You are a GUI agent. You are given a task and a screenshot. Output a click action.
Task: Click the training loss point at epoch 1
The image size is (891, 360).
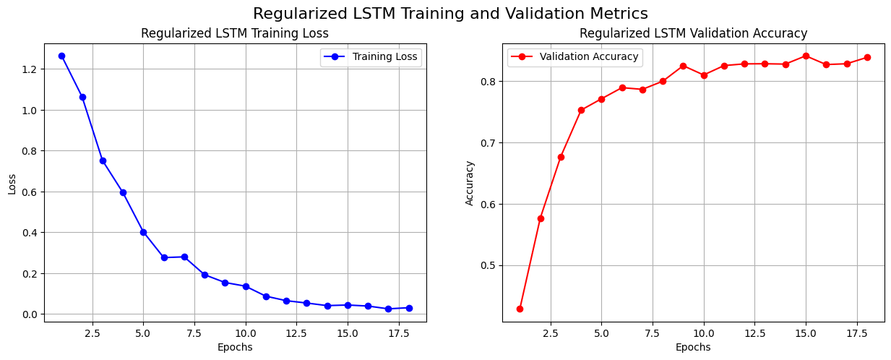tap(61, 56)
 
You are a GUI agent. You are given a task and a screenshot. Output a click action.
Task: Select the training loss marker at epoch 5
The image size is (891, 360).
tap(143, 232)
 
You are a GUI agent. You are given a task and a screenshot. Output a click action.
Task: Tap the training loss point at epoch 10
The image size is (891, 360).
tap(246, 286)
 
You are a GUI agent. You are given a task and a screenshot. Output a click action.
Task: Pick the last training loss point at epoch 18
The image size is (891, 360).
tap(409, 308)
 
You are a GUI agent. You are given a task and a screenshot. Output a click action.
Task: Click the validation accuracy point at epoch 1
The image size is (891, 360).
tap(520, 309)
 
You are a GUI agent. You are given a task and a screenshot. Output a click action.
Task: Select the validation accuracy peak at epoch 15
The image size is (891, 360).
tap(806, 56)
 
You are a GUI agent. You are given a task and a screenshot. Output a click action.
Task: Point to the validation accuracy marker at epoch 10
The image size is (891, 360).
tap(704, 75)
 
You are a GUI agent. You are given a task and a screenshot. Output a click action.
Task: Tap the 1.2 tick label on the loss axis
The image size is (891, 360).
tap(29, 69)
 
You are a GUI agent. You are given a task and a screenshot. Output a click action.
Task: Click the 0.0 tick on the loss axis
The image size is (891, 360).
tap(29, 314)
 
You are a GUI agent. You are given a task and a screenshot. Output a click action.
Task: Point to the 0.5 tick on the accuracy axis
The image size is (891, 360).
tap(487, 265)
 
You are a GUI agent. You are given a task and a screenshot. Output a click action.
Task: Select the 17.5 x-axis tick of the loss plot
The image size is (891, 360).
tap(399, 334)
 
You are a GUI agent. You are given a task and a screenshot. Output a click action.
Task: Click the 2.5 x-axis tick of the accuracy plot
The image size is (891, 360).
tap(550, 334)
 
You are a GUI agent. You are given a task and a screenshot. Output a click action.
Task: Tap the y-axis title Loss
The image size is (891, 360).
tap(12, 184)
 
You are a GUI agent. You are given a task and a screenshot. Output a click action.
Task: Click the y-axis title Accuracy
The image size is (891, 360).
tap(470, 184)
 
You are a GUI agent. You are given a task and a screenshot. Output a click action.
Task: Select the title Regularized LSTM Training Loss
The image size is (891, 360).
tap(234, 33)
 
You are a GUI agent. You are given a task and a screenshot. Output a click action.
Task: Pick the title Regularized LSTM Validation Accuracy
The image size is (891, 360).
tap(693, 33)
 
